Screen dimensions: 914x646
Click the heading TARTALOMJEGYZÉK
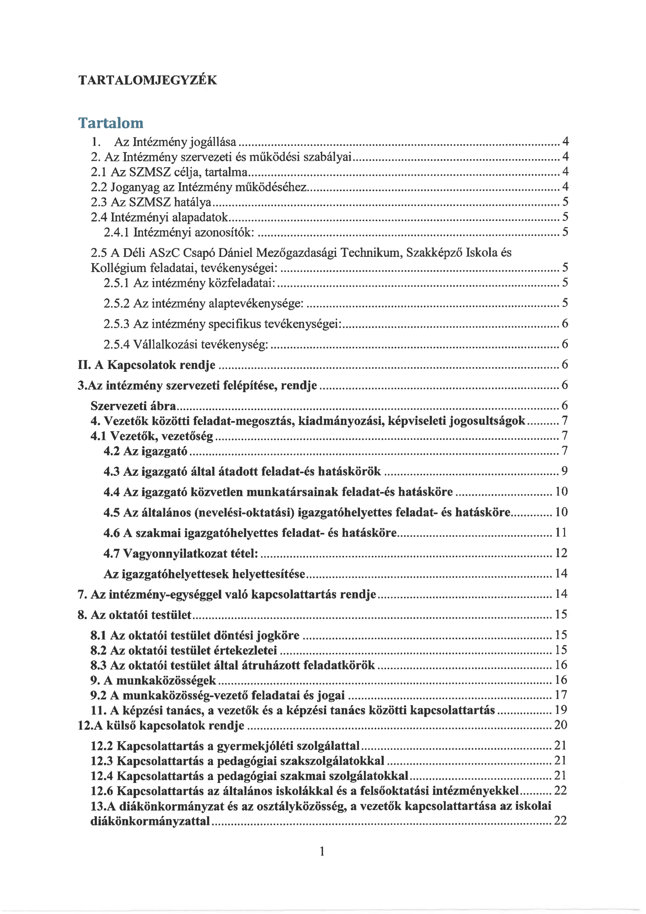point(148,81)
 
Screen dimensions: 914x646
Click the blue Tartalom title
point(111,123)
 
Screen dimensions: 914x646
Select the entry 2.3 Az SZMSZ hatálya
point(151,202)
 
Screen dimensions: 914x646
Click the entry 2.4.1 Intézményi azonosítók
point(178,232)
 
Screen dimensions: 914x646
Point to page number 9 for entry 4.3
point(564,471)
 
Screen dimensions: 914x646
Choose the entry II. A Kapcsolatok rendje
point(146,365)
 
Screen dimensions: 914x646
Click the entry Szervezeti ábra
point(133,406)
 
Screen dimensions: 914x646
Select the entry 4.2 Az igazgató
point(145,451)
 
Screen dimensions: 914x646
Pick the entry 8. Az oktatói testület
point(134,615)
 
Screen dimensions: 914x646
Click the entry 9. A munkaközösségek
point(153,680)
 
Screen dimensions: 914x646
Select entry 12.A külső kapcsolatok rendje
point(161,725)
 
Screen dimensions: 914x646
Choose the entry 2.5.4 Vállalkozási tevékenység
point(186,344)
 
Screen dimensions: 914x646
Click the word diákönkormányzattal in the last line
point(150,821)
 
